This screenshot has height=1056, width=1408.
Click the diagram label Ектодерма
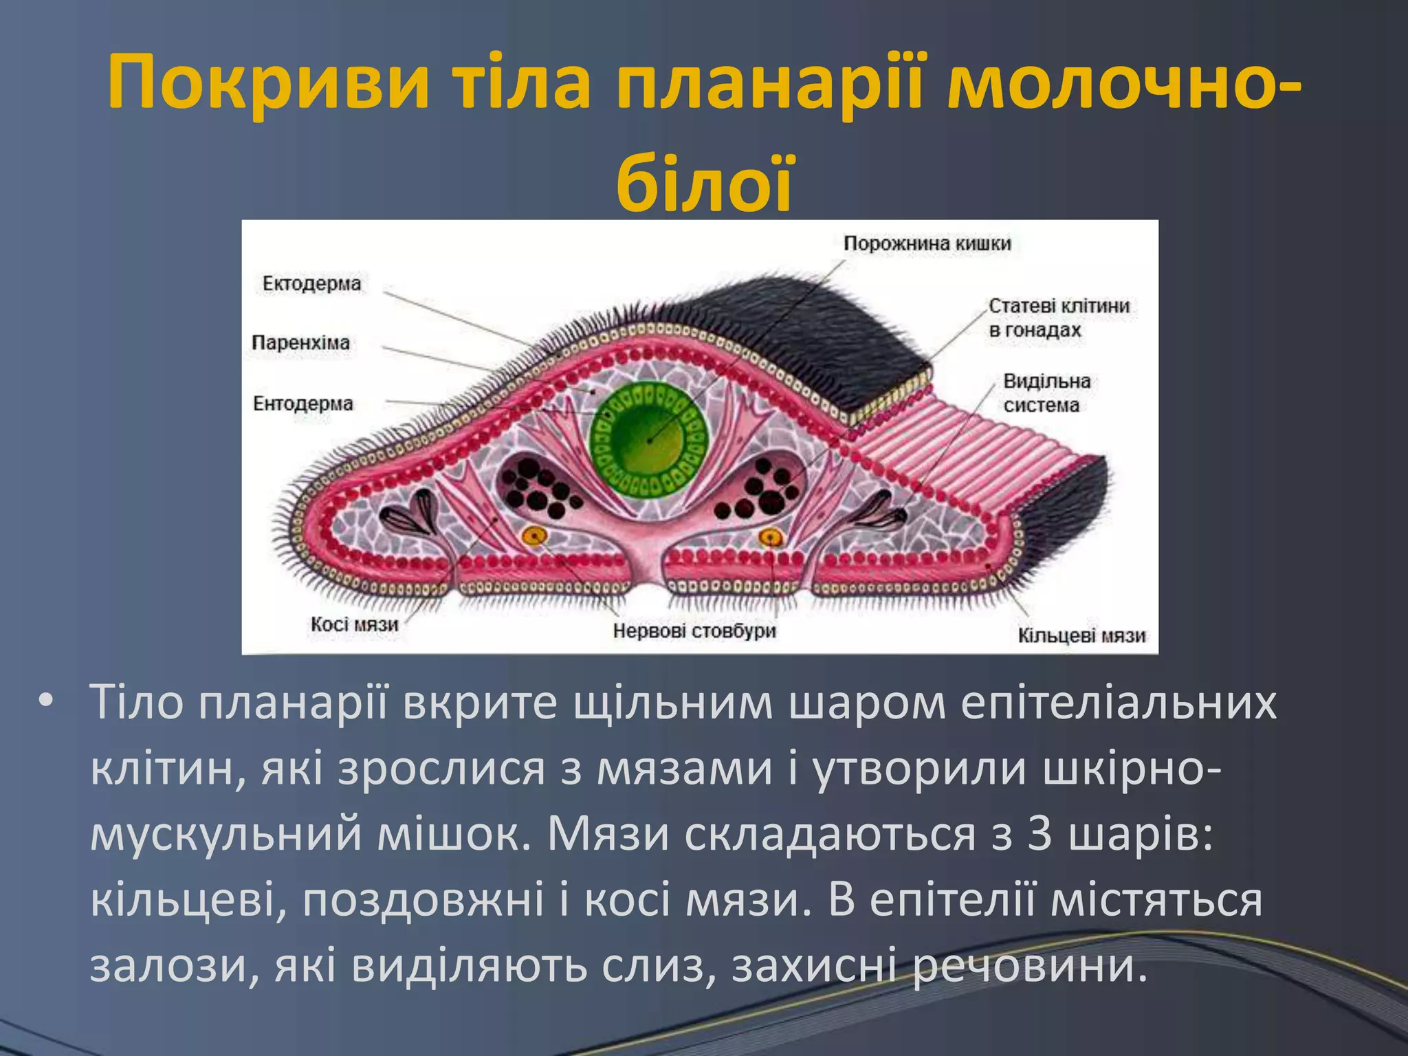click(x=311, y=283)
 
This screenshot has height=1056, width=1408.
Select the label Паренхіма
click(x=300, y=342)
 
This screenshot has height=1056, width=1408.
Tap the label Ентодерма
click(x=302, y=403)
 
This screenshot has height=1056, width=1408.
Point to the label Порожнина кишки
click(x=927, y=243)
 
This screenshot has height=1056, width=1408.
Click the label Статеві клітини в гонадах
click(x=1059, y=318)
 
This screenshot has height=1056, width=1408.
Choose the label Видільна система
click(x=1046, y=393)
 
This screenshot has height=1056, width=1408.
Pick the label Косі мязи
click(x=354, y=624)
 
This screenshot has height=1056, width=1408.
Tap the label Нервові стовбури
click(x=694, y=630)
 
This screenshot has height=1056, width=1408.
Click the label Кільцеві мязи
click(x=1081, y=636)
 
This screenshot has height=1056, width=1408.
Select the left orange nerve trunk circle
click(x=534, y=536)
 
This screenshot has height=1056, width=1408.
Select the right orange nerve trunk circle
click(x=771, y=536)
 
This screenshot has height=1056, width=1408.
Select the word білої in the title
click(x=704, y=183)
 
